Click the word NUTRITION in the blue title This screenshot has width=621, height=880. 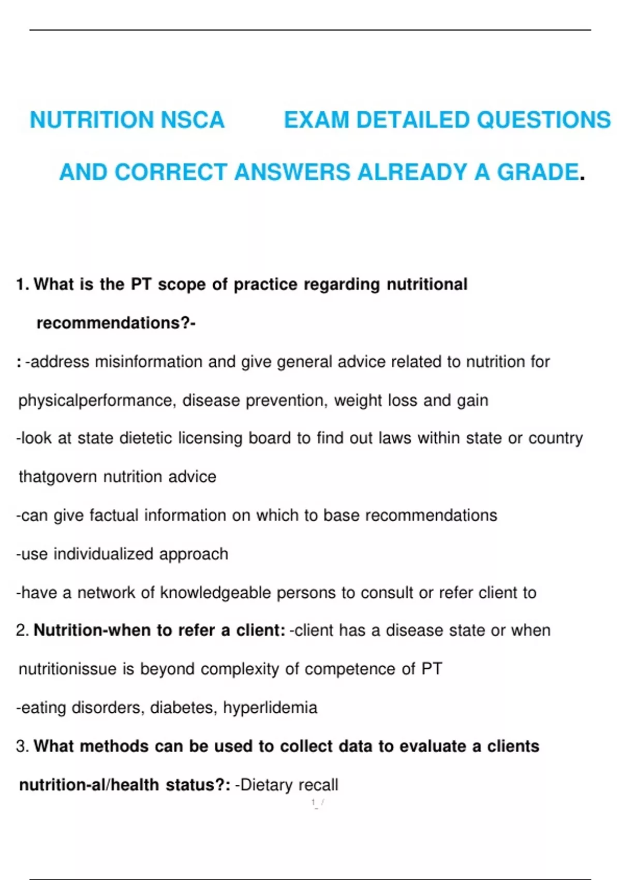pyautogui.click(x=93, y=120)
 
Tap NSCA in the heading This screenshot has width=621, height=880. pyautogui.click(x=193, y=120)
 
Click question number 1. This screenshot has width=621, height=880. pyautogui.click(x=21, y=284)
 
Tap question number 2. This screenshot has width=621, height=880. pyautogui.click(x=21, y=630)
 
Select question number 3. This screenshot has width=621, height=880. pyautogui.click(x=21, y=746)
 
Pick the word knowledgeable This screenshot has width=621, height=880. pyautogui.click(x=215, y=593)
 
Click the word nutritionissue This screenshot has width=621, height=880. pyautogui.click(x=67, y=669)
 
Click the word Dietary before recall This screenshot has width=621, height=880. pyautogui.click(x=267, y=785)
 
